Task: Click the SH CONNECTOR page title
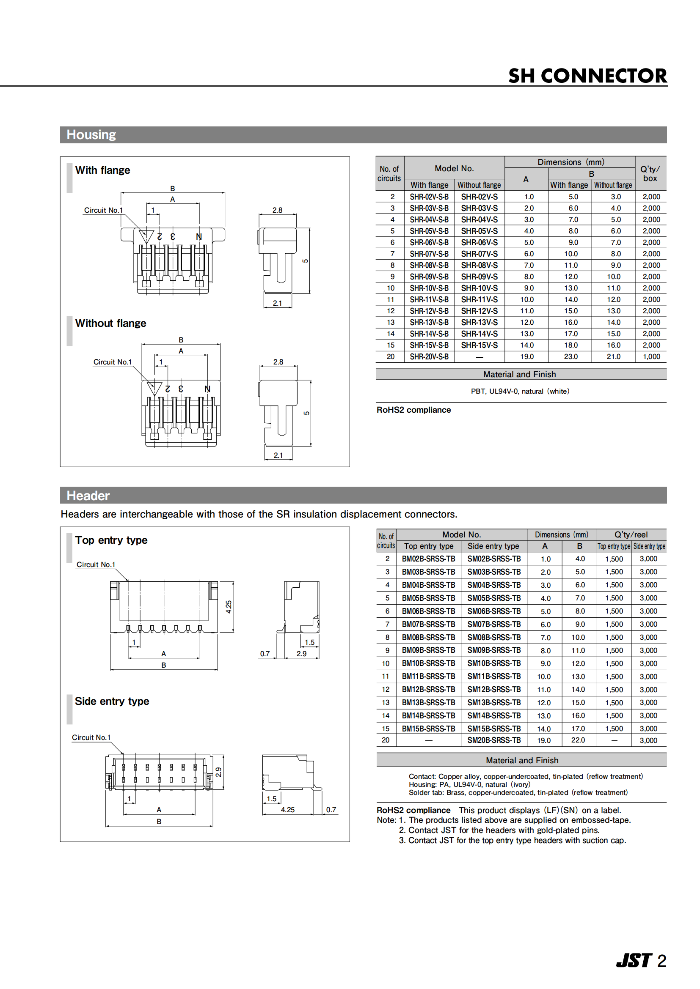pyautogui.click(x=587, y=76)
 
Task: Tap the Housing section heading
pyautogui.click(x=91, y=135)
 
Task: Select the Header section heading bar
pyautogui.click(x=364, y=496)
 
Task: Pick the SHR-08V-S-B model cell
pyautogui.click(x=429, y=266)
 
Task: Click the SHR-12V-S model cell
pyautogui.click(x=480, y=311)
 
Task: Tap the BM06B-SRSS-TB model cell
pyautogui.click(x=428, y=611)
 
